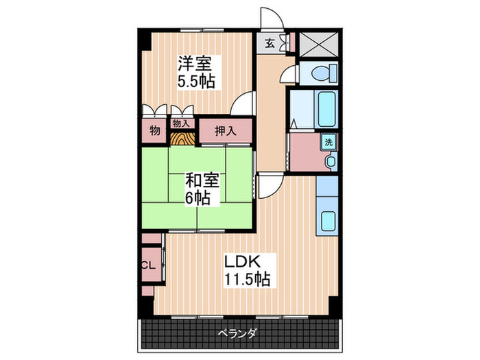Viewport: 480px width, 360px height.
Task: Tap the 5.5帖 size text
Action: click(197, 82)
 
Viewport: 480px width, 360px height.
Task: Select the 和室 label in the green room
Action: click(203, 181)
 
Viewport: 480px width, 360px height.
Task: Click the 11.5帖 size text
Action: click(245, 279)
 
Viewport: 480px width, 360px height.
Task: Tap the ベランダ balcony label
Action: click(238, 334)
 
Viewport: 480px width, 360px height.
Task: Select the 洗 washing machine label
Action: click(329, 143)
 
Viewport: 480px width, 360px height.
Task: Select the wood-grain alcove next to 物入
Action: click(181, 138)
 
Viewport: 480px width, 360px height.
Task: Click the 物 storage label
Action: click(154, 131)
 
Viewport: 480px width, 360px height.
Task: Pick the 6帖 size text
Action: click(201, 199)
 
